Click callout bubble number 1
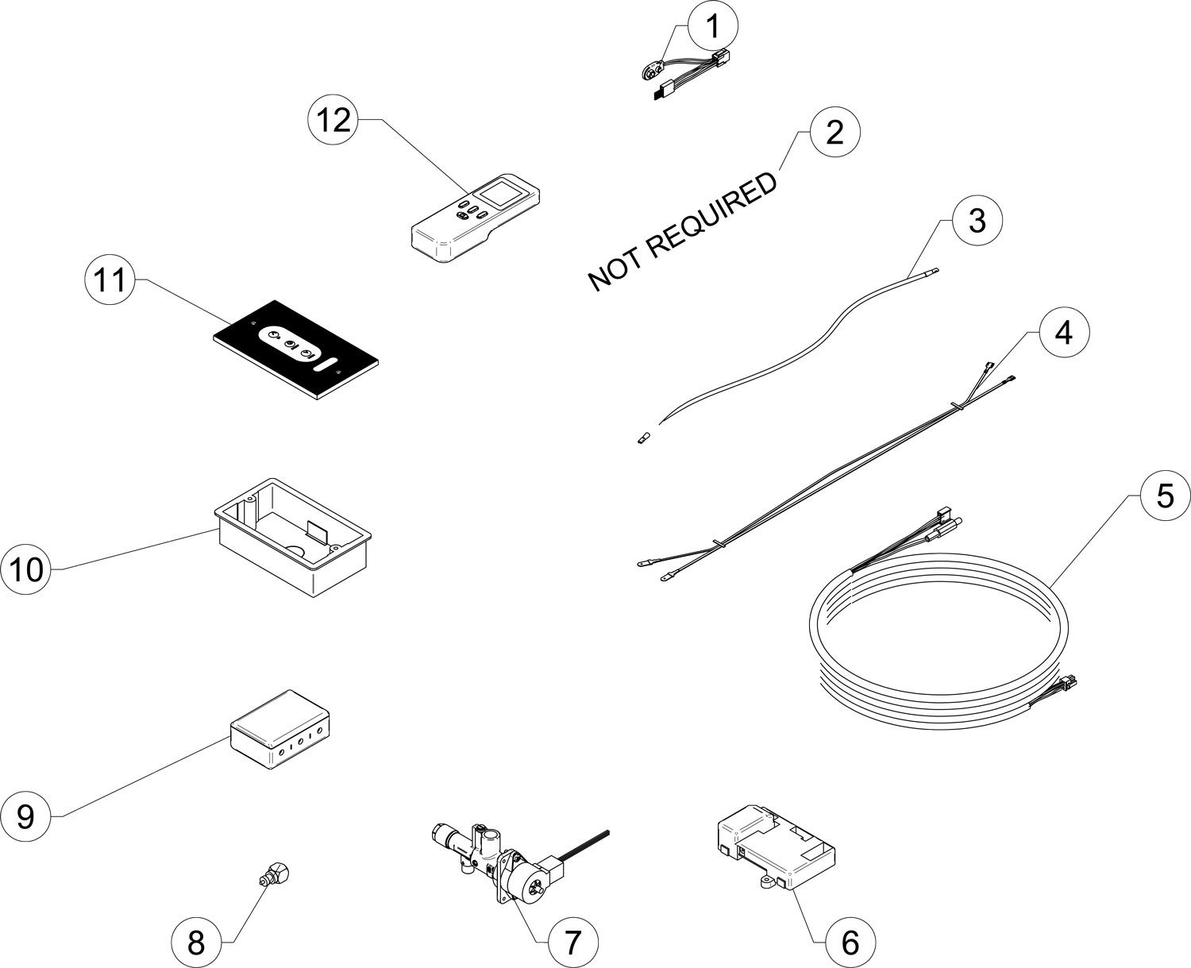[x=713, y=27]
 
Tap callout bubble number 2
[x=834, y=133]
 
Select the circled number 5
[x=1164, y=496]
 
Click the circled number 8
[x=196, y=943]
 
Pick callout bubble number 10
[x=26, y=569]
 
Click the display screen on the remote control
[x=499, y=194]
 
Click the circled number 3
[x=977, y=220]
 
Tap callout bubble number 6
[x=850, y=943]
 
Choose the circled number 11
[x=110, y=280]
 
